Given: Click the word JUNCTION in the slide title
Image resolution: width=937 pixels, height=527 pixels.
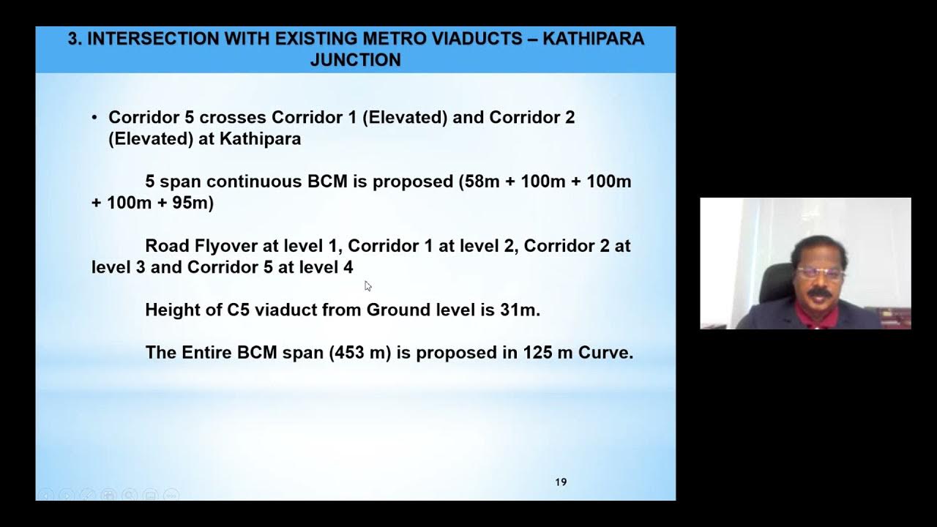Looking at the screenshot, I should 355,60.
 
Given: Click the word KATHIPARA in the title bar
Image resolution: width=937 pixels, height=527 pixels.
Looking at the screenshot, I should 594,39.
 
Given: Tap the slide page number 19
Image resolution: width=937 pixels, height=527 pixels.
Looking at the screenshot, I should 561,482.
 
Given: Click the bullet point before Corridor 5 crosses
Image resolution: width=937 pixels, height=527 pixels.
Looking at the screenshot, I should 94,118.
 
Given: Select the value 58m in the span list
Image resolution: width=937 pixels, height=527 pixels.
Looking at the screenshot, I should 479,182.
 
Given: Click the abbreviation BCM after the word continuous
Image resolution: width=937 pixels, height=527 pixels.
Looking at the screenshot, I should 327,182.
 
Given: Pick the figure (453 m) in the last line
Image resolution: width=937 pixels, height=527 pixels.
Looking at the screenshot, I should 359,352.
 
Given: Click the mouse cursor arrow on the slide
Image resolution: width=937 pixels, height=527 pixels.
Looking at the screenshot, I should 367,285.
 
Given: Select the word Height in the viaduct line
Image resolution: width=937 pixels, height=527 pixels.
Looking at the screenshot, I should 174,310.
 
